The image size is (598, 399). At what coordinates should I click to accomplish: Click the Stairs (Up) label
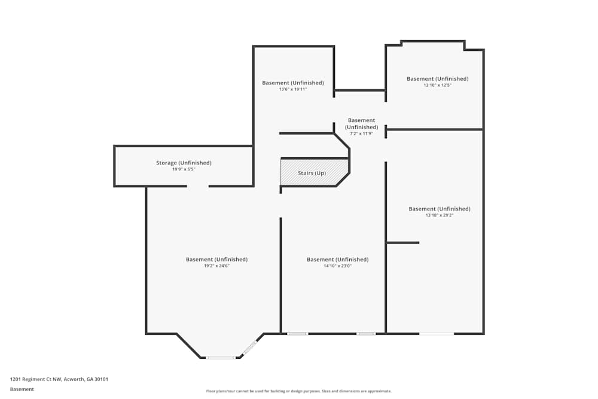pos(312,173)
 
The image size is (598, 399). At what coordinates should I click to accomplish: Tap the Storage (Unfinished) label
pos(184,163)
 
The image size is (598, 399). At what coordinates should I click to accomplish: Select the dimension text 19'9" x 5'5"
pos(184,169)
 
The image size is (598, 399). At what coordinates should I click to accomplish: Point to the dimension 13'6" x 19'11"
pos(292,90)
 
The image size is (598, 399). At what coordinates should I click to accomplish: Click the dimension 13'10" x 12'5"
pos(437,85)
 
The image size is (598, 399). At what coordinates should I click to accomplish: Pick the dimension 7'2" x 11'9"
pos(361,133)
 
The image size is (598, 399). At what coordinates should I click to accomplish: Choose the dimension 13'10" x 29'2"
pos(439,215)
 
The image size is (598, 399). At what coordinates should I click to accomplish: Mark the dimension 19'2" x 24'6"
pos(216,266)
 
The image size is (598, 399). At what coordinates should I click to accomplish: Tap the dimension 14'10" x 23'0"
pos(337,266)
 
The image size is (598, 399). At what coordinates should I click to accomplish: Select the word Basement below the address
pos(22,389)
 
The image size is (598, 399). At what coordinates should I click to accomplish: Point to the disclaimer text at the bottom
pos(299,391)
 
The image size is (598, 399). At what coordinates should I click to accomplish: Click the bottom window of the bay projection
pos(221,358)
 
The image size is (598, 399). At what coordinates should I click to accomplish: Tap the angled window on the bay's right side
pos(250,347)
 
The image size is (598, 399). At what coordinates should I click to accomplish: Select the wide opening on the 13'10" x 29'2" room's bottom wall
pos(436,333)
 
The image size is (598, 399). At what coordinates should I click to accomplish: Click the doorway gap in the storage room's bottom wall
pos(197,186)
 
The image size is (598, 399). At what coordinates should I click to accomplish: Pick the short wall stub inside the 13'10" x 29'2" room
pos(402,242)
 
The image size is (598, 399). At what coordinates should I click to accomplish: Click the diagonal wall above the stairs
pos(341,142)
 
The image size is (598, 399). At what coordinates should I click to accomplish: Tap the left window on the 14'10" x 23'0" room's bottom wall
pos(297,333)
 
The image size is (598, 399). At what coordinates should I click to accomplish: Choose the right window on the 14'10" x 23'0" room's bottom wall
pos(366,333)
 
